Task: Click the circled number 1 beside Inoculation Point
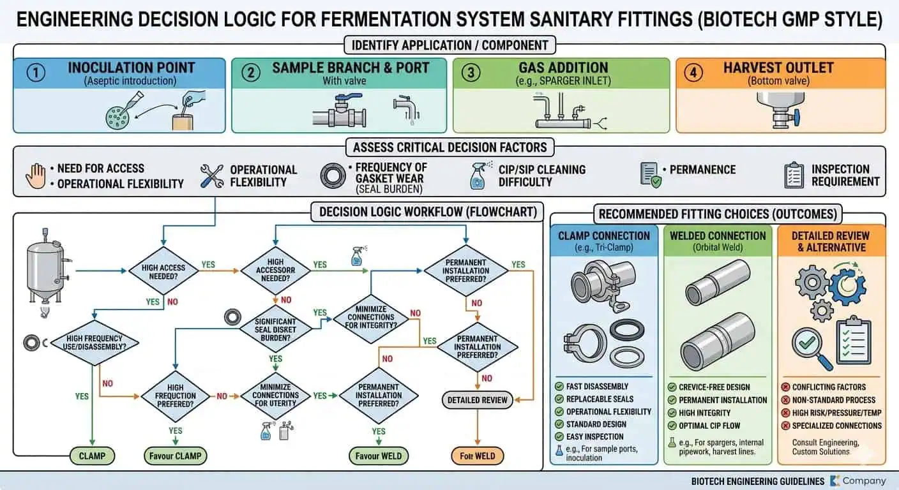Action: tap(36, 73)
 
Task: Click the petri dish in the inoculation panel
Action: tap(117, 115)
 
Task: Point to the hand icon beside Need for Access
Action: tap(35, 175)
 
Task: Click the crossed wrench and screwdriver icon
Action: tap(211, 175)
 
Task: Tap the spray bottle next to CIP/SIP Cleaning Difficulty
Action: tap(477, 175)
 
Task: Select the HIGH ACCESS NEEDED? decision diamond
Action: tap(163, 271)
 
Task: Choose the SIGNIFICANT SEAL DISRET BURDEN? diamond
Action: tap(275, 329)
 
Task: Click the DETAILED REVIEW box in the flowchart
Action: tap(478, 400)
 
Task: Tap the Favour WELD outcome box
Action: tap(379, 456)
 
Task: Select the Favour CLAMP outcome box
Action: tap(176, 456)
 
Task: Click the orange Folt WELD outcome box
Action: tap(477, 456)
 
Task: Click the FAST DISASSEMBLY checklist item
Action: tap(596, 387)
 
